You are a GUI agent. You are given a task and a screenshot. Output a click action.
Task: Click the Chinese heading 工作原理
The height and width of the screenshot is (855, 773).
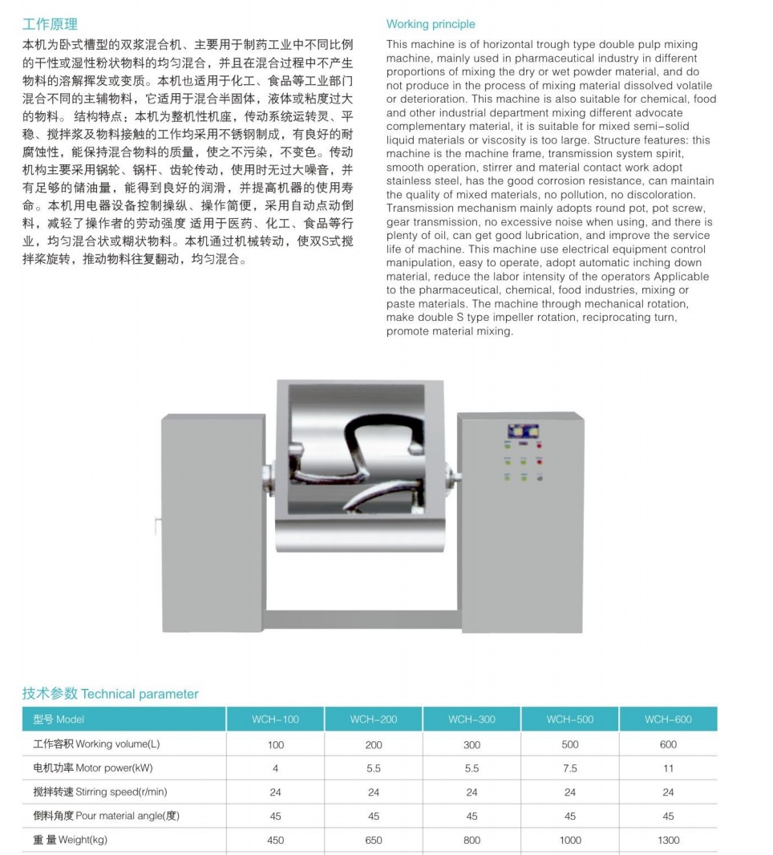[50, 24]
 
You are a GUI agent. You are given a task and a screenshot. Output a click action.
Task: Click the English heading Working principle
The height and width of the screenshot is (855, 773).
[431, 24]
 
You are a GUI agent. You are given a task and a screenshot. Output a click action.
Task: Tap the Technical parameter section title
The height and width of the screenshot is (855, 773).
[110, 694]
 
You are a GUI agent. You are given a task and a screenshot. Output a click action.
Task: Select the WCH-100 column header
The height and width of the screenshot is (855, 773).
[275, 719]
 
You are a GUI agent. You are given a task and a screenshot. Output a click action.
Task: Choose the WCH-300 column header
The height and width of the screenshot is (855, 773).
[471, 719]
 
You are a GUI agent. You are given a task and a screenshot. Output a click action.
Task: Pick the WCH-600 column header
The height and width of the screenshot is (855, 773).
[668, 719]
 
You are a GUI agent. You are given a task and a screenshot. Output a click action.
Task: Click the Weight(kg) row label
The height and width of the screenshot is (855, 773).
[70, 841]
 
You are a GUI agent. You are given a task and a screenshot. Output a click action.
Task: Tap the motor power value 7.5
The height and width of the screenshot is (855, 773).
[569, 768]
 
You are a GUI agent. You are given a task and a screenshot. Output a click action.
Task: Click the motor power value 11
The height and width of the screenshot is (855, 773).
[668, 768]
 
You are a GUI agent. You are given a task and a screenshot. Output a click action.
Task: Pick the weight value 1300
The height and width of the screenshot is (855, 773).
[668, 841]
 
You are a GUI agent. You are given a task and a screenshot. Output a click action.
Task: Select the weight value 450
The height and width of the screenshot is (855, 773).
[275, 841]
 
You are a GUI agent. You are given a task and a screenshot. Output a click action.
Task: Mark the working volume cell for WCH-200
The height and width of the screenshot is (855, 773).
[374, 744]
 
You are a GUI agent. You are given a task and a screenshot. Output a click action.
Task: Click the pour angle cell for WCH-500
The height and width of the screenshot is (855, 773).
[569, 817]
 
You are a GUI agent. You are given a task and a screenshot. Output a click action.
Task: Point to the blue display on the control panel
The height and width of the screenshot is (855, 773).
[522, 432]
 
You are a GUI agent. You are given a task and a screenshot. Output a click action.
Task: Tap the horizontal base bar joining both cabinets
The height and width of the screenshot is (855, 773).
[362, 620]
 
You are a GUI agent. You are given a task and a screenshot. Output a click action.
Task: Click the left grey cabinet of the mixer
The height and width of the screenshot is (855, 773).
[212, 521]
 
